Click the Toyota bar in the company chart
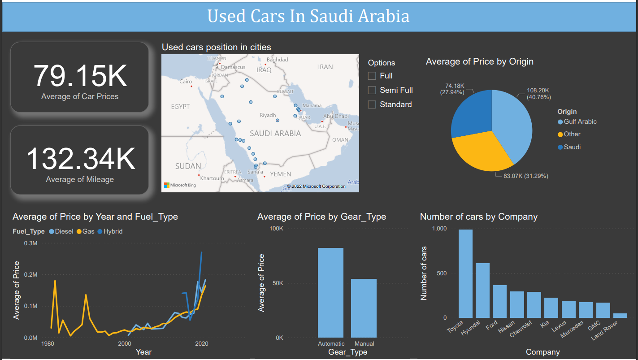coord(465,273)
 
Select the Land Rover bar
coord(620,316)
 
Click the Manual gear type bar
coord(364,308)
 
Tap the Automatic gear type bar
coord(330,292)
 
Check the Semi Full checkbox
coord(372,90)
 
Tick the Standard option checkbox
coord(372,104)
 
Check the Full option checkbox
coord(372,76)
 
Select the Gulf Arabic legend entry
coord(580,121)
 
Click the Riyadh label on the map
coord(268,115)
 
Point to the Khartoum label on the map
coord(212,178)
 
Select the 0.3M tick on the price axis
coord(30,243)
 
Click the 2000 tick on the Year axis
coord(124,344)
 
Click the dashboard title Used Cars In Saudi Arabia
coord(308,17)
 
